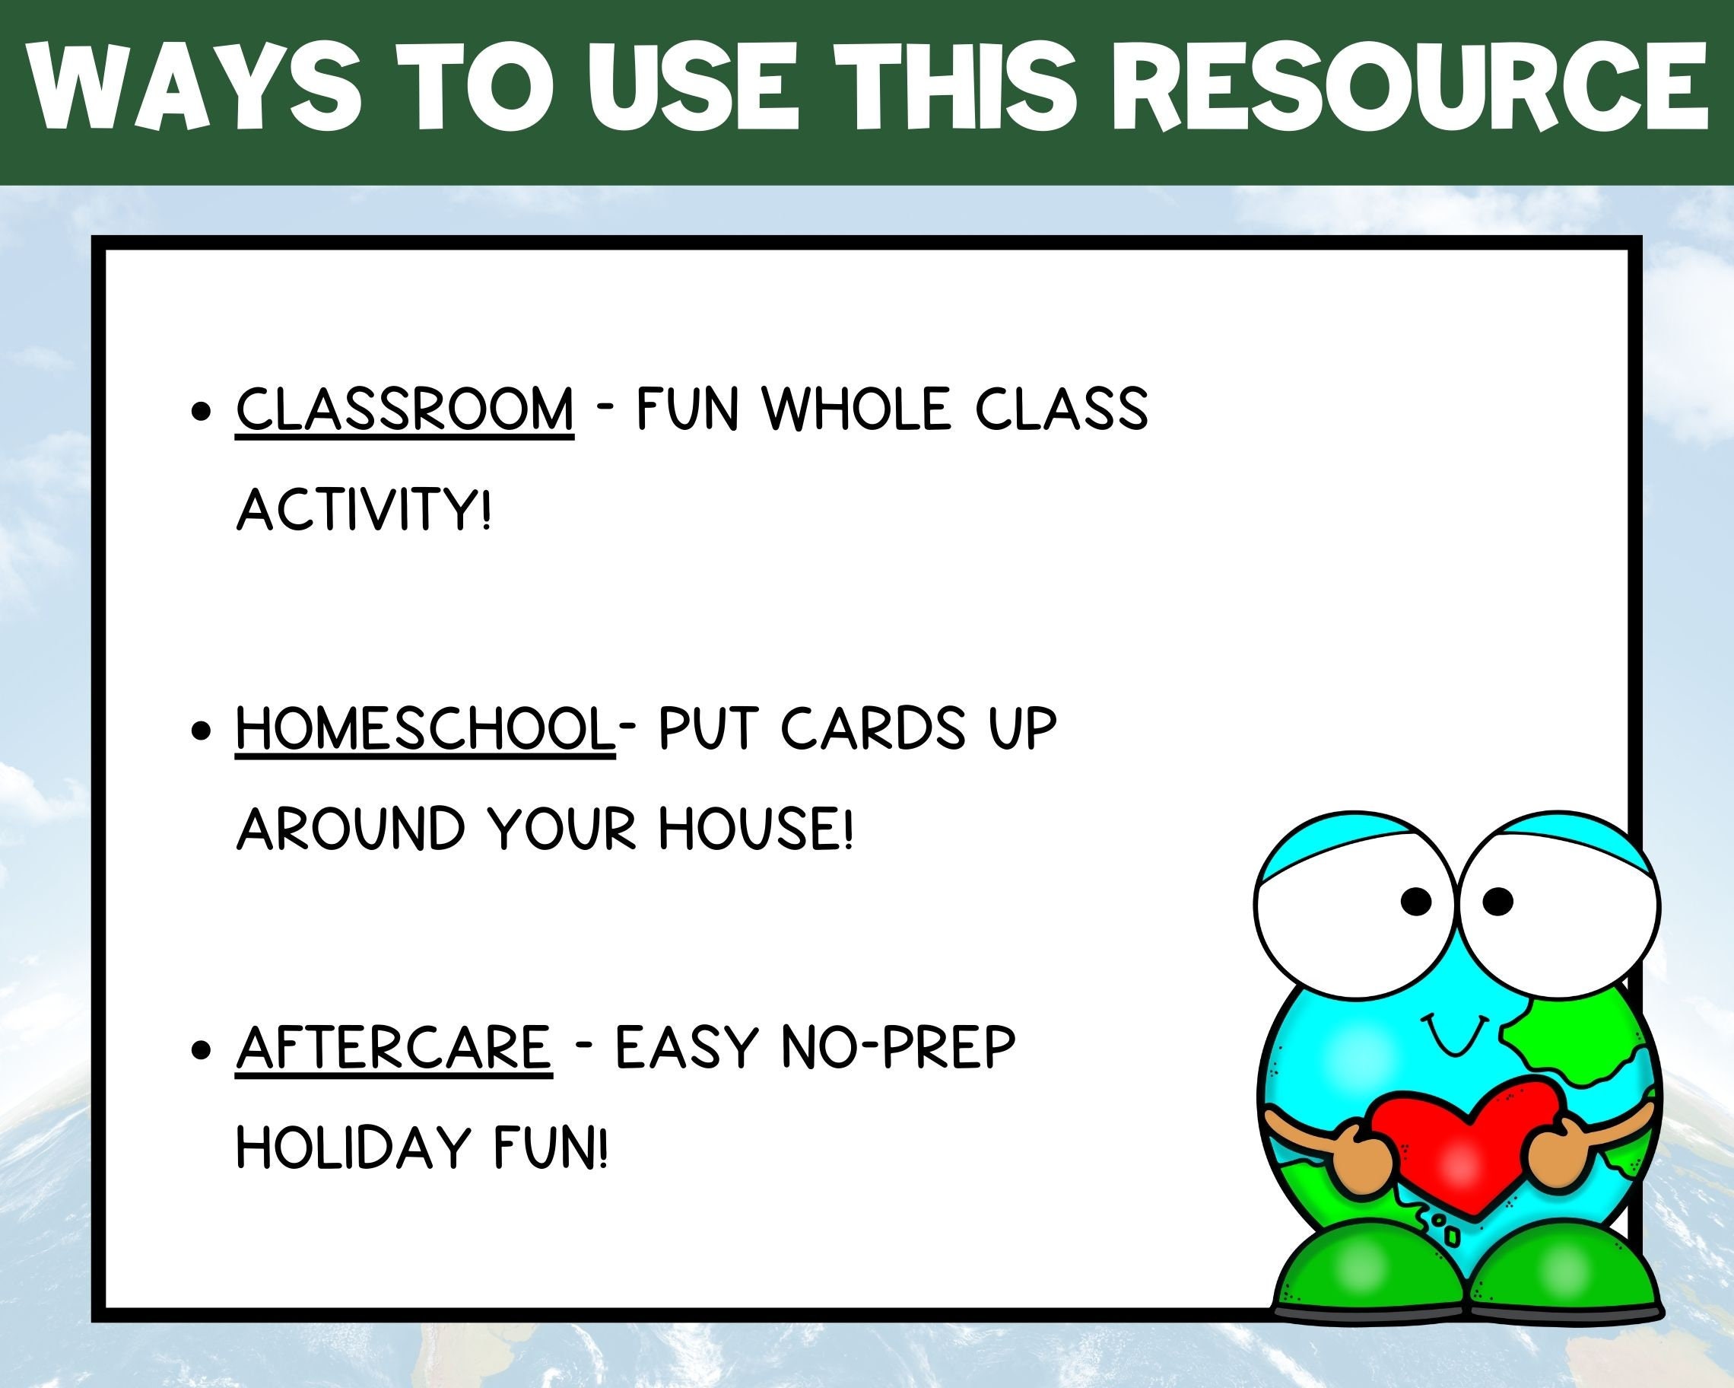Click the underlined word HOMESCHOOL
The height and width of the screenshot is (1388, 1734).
(x=424, y=728)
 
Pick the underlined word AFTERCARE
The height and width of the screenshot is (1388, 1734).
(x=394, y=1048)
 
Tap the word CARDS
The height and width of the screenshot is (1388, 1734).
(x=872, y=728)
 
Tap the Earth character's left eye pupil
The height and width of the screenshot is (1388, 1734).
(x=1416, y=901)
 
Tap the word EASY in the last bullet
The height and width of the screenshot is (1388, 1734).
(x=687, y=1048)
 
